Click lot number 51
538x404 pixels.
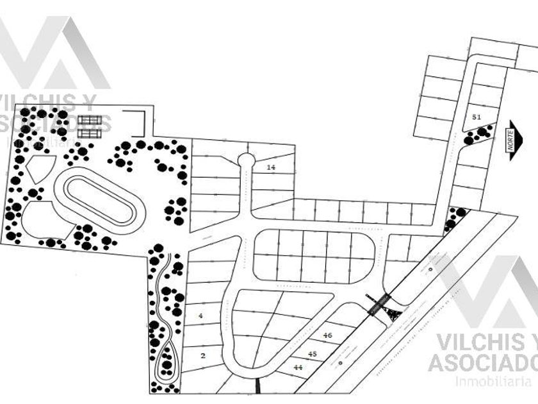(x=476, y=117)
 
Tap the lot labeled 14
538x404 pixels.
(x=271, y=167)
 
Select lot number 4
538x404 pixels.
(x=200, y=316)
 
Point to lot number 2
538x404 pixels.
(x=203, y=355)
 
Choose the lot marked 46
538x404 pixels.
(x=327, y=335)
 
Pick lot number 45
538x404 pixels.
(x=313, y=353)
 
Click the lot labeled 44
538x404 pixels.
(x=298, y=367)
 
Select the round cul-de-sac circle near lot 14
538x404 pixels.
(x=245, y=159)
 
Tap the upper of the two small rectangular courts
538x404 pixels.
(x=92, y=121)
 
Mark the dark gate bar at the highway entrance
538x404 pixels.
(x=378, y=304)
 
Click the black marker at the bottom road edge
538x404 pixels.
(x=257, y=387)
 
